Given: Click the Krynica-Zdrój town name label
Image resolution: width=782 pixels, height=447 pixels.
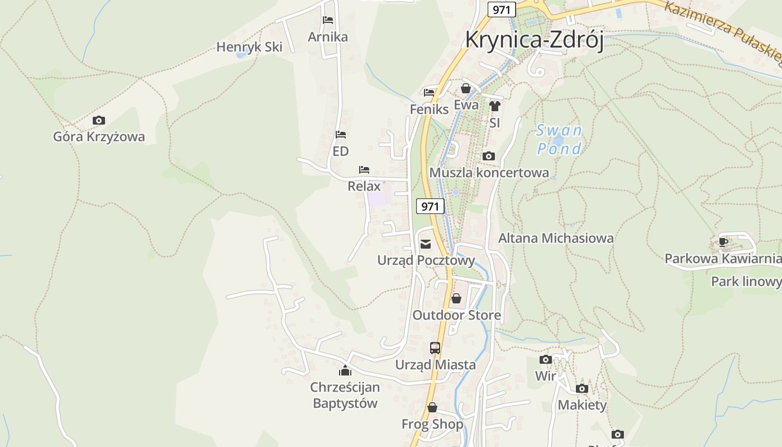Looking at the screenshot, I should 535,40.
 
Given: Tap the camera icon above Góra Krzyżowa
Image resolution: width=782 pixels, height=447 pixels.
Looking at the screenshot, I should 99,120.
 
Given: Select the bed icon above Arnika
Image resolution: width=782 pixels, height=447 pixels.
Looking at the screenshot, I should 328,20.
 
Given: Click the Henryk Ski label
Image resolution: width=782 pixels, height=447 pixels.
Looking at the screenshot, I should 249,47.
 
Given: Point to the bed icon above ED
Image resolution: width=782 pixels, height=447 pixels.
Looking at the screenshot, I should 341,135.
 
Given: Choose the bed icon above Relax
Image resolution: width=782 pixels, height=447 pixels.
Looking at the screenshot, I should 364,169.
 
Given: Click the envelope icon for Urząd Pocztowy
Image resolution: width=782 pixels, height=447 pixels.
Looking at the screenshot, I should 426,244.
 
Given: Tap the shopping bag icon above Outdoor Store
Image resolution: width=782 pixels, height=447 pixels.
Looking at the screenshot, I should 456,298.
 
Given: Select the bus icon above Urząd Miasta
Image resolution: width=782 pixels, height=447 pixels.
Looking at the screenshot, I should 435,348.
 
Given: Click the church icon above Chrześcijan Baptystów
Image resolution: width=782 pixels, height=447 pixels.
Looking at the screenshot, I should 345,370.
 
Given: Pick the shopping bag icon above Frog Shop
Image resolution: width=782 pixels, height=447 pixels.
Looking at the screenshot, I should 432,407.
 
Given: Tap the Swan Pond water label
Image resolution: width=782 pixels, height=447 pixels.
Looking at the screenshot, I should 559,140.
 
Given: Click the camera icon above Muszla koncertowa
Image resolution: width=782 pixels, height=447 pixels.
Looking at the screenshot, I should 489,156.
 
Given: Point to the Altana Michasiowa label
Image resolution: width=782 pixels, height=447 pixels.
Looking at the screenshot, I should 556,238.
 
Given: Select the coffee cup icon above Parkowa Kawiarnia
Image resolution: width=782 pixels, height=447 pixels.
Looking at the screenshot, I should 723,242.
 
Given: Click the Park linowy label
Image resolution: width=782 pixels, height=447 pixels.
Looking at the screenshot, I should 746,282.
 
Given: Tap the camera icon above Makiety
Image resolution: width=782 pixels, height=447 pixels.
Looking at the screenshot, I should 582,388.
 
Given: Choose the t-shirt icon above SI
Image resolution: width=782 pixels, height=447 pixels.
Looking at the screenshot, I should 494,106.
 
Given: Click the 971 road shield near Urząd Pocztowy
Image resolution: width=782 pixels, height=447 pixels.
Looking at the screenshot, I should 430,206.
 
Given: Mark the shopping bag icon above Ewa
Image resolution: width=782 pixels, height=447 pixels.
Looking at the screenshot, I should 466,88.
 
